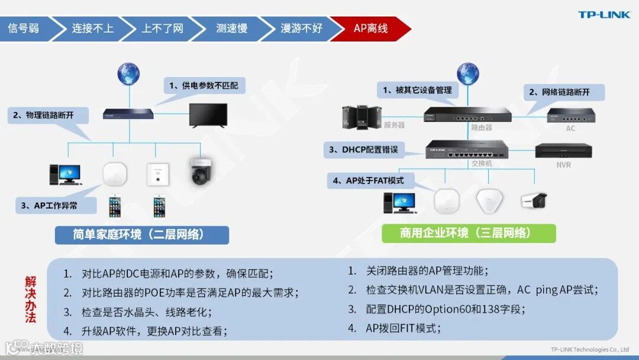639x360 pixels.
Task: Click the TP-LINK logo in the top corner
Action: tap(604, 15)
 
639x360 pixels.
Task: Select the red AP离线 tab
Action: tap(370, 28)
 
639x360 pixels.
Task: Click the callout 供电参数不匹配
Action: tap(204, 86)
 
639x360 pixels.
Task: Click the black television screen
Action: tap(208, 114)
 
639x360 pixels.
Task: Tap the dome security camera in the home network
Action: tap(199, 172)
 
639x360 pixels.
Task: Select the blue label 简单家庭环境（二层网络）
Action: tap(141, 234)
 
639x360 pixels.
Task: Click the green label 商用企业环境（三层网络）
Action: tap(469, 233)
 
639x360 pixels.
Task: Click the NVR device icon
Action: tap(563, 151)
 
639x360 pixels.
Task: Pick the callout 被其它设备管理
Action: tap(417, 90)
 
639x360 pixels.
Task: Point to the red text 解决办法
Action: tap(31, 299)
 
